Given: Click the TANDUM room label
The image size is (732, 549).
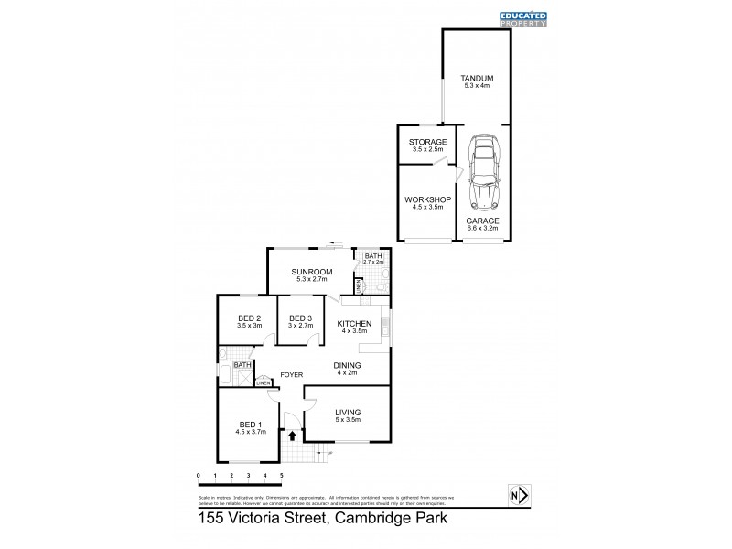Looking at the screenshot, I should coord(476,80).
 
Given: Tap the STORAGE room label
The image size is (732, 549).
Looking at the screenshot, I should coord(427,142).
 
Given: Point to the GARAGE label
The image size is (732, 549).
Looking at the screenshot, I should coord(483,221).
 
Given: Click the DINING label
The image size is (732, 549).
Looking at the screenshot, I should coord(348,365).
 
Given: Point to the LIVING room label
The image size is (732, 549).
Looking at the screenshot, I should coord(349,413).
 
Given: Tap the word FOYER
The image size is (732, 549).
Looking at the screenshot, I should coord(292,374).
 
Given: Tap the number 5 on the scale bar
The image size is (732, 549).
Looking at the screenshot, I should coord(282,477).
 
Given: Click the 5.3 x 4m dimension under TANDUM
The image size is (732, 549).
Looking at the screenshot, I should coord(476,87).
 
